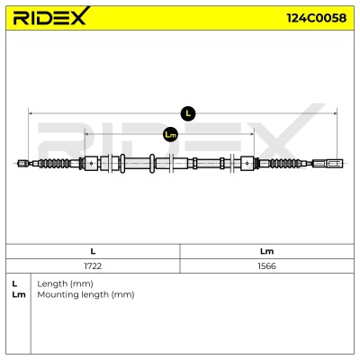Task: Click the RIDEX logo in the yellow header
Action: pyautogui.click(x=51, y=16)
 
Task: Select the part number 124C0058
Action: pyautogui.click(x=317, y=18)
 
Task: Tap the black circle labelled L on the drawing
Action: pyautogui.click(x=188, y=113)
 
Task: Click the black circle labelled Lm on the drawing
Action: pyautogui.click(x=170, y=135)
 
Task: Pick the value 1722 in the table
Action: pyautogui.click(x=93, y=266)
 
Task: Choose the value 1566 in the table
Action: pyautogui.click(x=266, y=266)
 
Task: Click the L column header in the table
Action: pyautogui.click(x=93, y=251)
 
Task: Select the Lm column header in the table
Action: pyautogui.click(x=266, y=251)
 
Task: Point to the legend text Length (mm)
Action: pyautogui.click(x=65, y=283)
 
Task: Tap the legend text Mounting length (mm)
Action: pyautogui.click(x=85, y=294)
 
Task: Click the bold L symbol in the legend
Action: pyautogui.click(x=14, y=283)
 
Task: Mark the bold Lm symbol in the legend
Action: pyautogui.click(x=19, y=294)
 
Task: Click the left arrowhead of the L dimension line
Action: pyautogui.click(x=31, y=113)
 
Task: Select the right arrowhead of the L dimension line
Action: pyautogui.click(x=335, y=113)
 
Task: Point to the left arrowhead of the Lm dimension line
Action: pyautogui.click(x=87, y=134)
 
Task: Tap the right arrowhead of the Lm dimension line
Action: pyautogui.click(x=252, y=134)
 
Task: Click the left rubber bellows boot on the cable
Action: pyautogui.click(x=54, y=163)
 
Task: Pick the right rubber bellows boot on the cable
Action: pyautogui.click(x=285, y=163)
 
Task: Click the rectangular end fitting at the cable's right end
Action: pyautogui.click(x=328, y=163)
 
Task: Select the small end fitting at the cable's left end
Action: pyautogui.click(x=22, y=163)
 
